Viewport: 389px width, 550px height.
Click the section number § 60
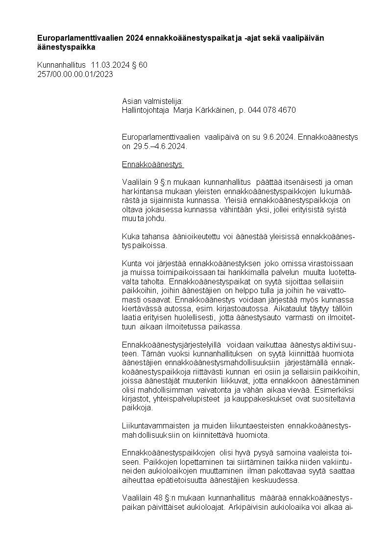pos(140,65)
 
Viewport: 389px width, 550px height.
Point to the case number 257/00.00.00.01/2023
pos(75,74)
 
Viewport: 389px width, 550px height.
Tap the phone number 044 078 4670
pos(272,110)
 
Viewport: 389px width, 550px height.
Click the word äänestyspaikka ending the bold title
pos(67,48)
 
